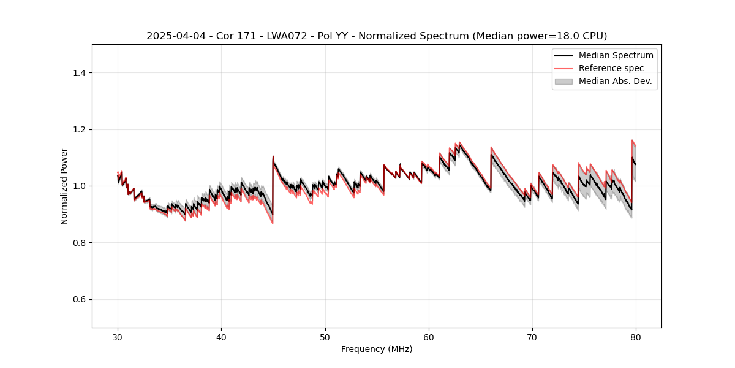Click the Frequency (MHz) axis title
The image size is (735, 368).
(x=377, y=349)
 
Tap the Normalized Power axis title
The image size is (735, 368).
(x=64, y=186)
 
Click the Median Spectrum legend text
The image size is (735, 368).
(x=616, y=55)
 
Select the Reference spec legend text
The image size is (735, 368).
(x=611, y=68)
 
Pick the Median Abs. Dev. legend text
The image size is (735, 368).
(x=615, y=81)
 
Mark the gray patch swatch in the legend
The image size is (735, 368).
(x=563, y=81)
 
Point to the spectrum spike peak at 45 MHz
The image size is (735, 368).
(x=273, y=156)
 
